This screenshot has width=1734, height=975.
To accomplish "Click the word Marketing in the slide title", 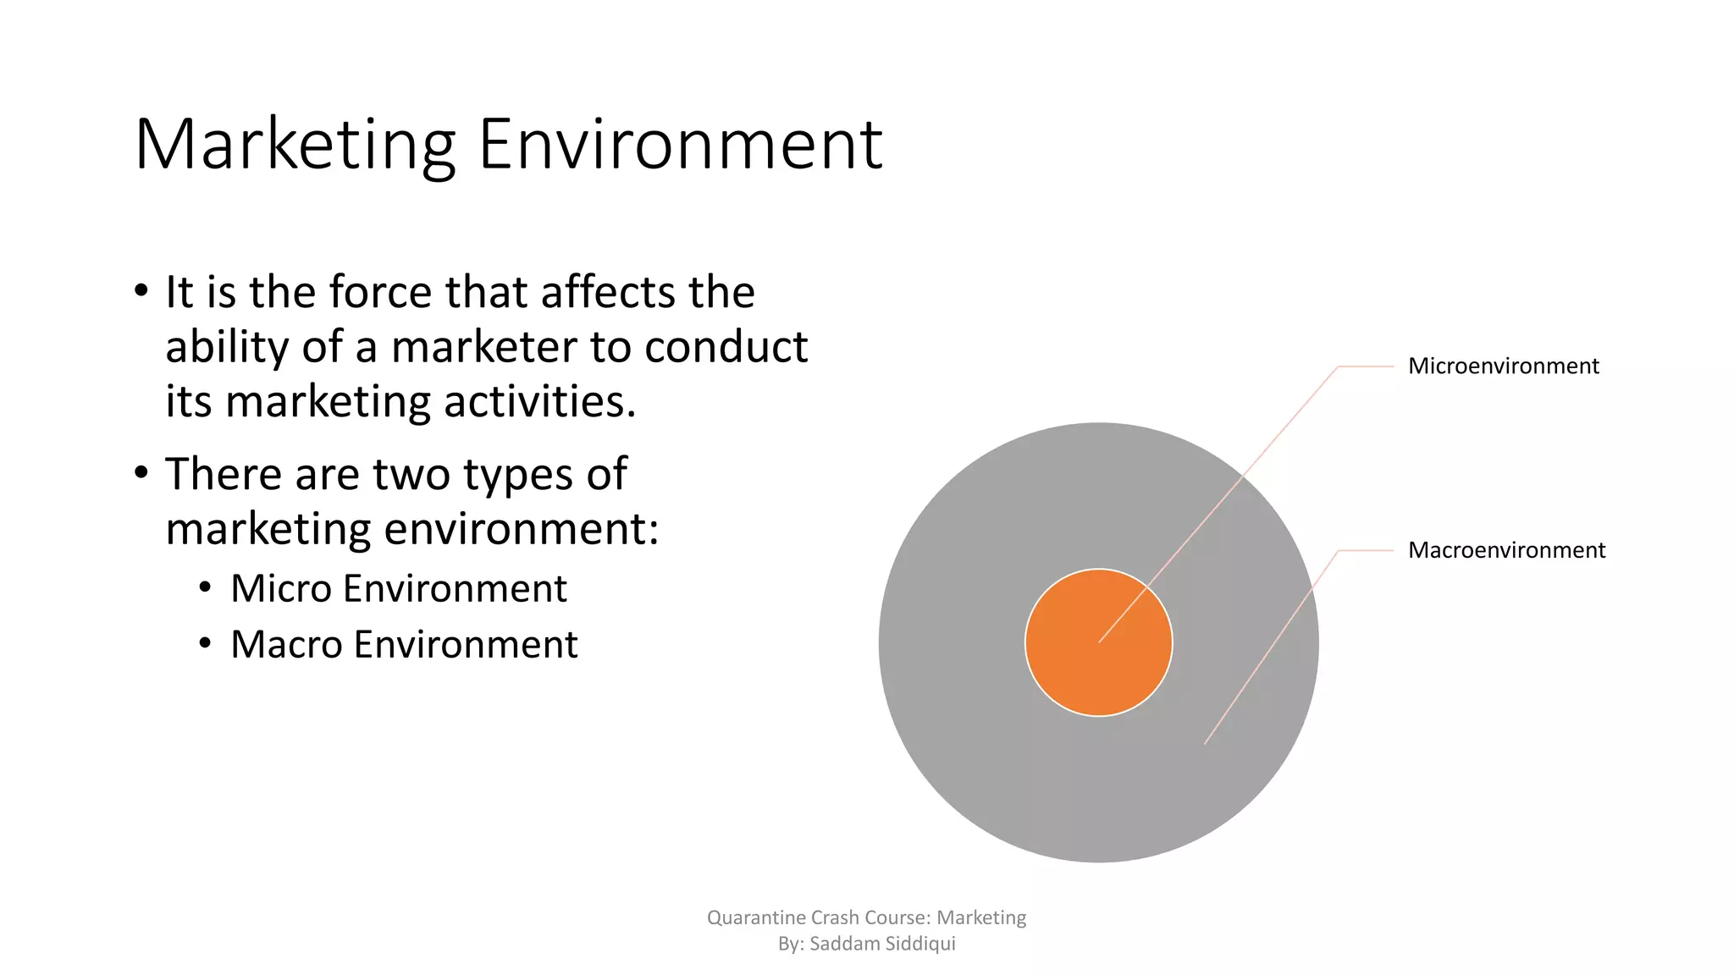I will coord(295,145).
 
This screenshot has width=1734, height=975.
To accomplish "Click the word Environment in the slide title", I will coord(680,145).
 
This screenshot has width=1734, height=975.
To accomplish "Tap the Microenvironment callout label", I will coord(1503,366).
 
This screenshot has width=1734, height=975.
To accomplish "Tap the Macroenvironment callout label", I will coord(1506,550).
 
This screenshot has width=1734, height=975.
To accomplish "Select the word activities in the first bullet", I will coord(539,401).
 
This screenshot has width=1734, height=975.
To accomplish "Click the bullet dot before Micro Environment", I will coord(205,588).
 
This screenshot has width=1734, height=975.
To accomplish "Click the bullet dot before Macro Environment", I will coord(205,644).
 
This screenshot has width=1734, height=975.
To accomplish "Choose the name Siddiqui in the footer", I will coord(920,944).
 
